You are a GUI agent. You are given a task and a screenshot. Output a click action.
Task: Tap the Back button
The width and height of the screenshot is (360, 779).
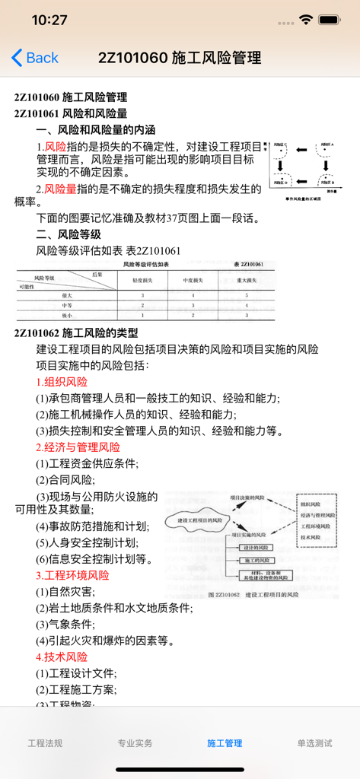click(35, 58)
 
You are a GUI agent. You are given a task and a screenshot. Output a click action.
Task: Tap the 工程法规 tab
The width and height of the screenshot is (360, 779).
click(45, 743)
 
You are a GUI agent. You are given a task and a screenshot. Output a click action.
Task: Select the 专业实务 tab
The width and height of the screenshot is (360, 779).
click(135, 743)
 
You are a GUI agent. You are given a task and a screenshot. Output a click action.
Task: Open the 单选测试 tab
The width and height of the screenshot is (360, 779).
click(314, 743)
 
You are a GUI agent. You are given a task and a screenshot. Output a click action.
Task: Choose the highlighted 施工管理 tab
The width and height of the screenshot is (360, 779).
click(225, 743)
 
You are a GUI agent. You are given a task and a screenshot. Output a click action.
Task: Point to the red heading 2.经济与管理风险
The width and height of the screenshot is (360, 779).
click(78, 447)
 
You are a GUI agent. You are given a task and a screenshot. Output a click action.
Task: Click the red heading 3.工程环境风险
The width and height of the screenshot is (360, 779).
click(72, 575)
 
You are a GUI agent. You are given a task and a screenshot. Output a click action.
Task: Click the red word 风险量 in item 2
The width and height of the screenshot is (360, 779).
click(60, 189)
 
